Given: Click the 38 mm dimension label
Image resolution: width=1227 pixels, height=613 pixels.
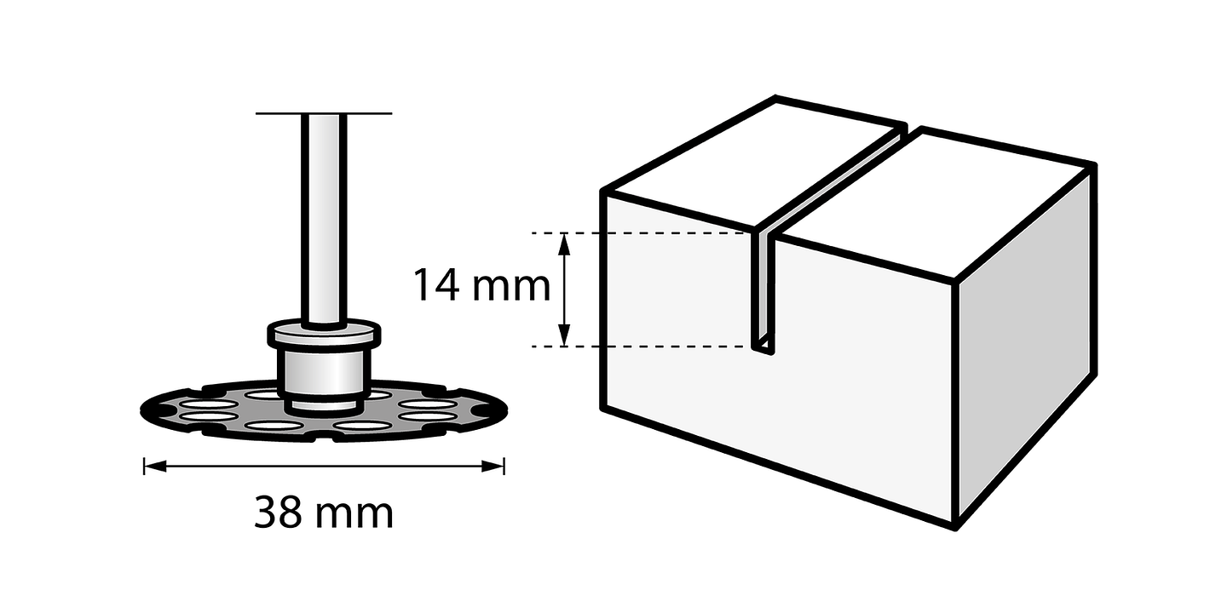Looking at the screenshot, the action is point(324,513).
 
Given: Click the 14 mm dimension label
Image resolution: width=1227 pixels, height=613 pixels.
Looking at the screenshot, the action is point(481,285).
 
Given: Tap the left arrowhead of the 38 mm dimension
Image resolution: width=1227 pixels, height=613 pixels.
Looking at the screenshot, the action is point(155,467).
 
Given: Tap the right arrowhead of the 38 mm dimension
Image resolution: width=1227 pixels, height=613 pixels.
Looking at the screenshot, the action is point(493,467).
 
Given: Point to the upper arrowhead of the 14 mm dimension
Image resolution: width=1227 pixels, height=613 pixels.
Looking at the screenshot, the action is point(564,244).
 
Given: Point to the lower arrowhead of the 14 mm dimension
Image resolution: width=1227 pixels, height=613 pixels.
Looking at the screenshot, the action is point(564,335).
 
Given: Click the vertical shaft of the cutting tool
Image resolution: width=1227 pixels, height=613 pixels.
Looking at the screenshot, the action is point(324,219).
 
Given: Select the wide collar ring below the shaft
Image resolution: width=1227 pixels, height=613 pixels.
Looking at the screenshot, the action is point(324,334).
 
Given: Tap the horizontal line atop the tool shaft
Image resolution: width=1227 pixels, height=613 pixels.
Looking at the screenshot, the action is point(324,113).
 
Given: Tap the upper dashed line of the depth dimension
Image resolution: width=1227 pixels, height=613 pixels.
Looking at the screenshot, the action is point(641,233).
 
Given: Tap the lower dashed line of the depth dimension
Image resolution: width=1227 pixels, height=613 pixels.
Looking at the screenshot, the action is point(641,347).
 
